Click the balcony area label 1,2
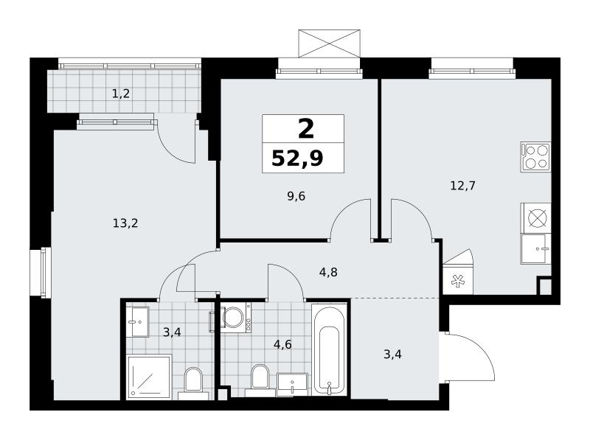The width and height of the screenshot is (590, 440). click(x=121, y=94)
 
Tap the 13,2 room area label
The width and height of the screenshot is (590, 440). click(x=125, y=223)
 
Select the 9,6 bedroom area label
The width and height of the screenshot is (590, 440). click(x=296, y=196)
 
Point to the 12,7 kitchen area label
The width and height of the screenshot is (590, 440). click(x=463, y=186)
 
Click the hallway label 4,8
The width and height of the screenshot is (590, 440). click(x=328, y=272)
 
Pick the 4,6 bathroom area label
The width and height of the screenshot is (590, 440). click(x=282, y=344)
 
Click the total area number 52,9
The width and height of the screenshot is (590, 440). click(x=297, y=158)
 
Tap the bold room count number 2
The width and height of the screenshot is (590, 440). click(x=305, y=129)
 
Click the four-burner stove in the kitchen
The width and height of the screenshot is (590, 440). click(x=536, y=157)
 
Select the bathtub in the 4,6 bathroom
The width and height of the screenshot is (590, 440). click(x=329, y=350)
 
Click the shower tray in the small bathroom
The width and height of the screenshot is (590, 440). click(x=150, y=376)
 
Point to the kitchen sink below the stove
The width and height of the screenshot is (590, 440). click(x=535, y=248)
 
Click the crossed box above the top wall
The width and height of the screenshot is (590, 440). click(x=329, y=43)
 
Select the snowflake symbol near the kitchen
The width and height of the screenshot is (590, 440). click(x=458, y=281)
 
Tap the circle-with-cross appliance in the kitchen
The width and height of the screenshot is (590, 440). click(x=536, y=217)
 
